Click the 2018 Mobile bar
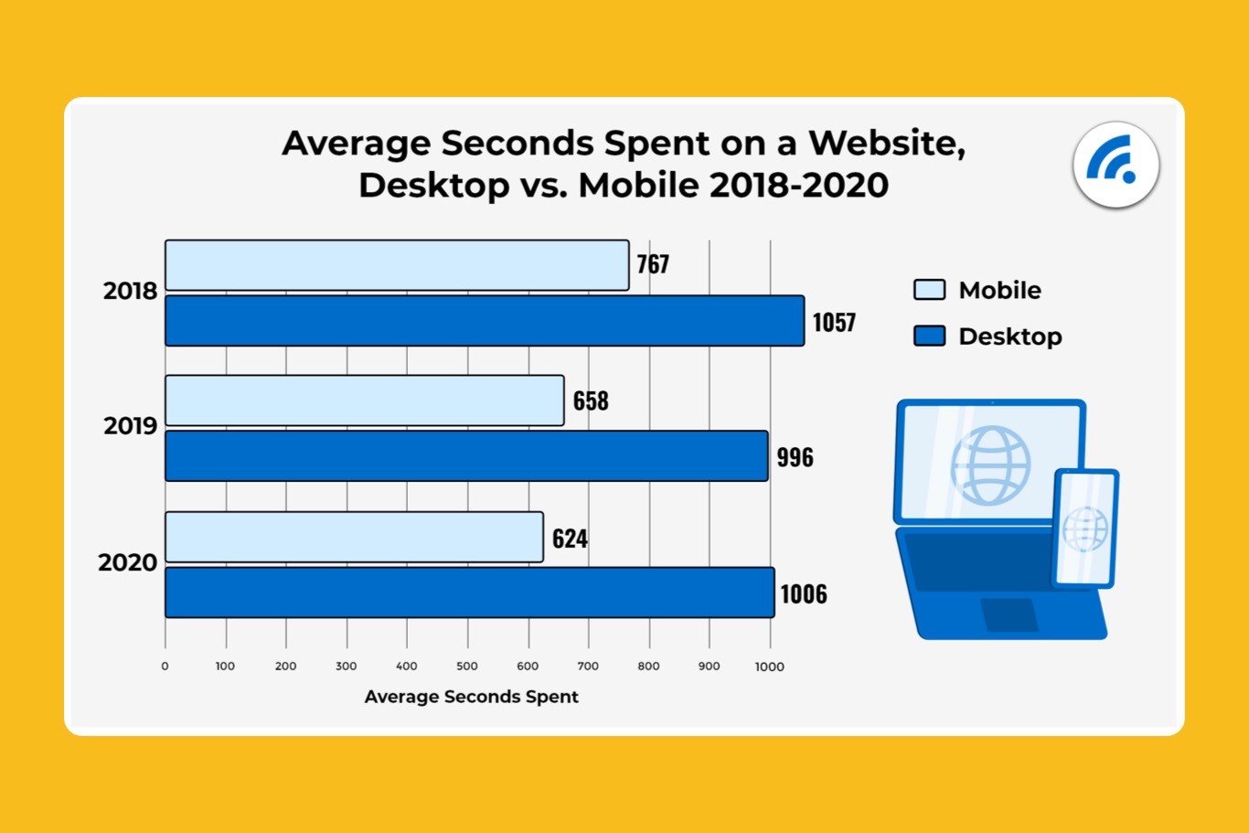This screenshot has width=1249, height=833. (397, 265)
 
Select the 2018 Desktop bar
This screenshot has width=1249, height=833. (485, 321)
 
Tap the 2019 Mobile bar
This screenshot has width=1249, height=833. (364, 400)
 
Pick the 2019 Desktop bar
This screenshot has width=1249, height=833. (466, 455)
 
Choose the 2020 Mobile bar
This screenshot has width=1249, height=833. (354, 537)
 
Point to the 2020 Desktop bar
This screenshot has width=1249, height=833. (469, 593)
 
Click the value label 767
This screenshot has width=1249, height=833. (653, 264)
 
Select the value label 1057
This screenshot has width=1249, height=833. (834, 322)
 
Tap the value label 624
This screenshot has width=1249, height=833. (570, 538)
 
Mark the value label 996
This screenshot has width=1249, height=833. (795, 457)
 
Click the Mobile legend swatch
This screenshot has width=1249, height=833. (929, 290)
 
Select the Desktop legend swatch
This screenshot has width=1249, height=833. (929, 336)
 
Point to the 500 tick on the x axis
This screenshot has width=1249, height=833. (467, 667)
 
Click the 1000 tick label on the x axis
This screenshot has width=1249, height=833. (769, 667)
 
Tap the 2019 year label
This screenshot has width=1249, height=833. (130, 426)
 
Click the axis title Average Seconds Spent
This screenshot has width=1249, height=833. (471, 697)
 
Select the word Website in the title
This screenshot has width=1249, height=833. (884, 144)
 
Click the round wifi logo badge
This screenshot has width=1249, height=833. (1116, 166)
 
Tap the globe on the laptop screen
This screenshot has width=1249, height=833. (990, 465)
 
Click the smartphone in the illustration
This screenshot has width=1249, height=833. (1085, 528)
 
